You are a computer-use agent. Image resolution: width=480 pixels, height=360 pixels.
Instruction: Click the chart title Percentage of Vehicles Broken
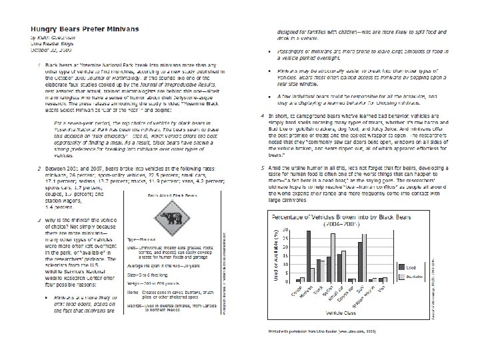(x=341, y=218)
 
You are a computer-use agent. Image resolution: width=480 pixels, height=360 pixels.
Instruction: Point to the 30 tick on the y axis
(x=285, y=230)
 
